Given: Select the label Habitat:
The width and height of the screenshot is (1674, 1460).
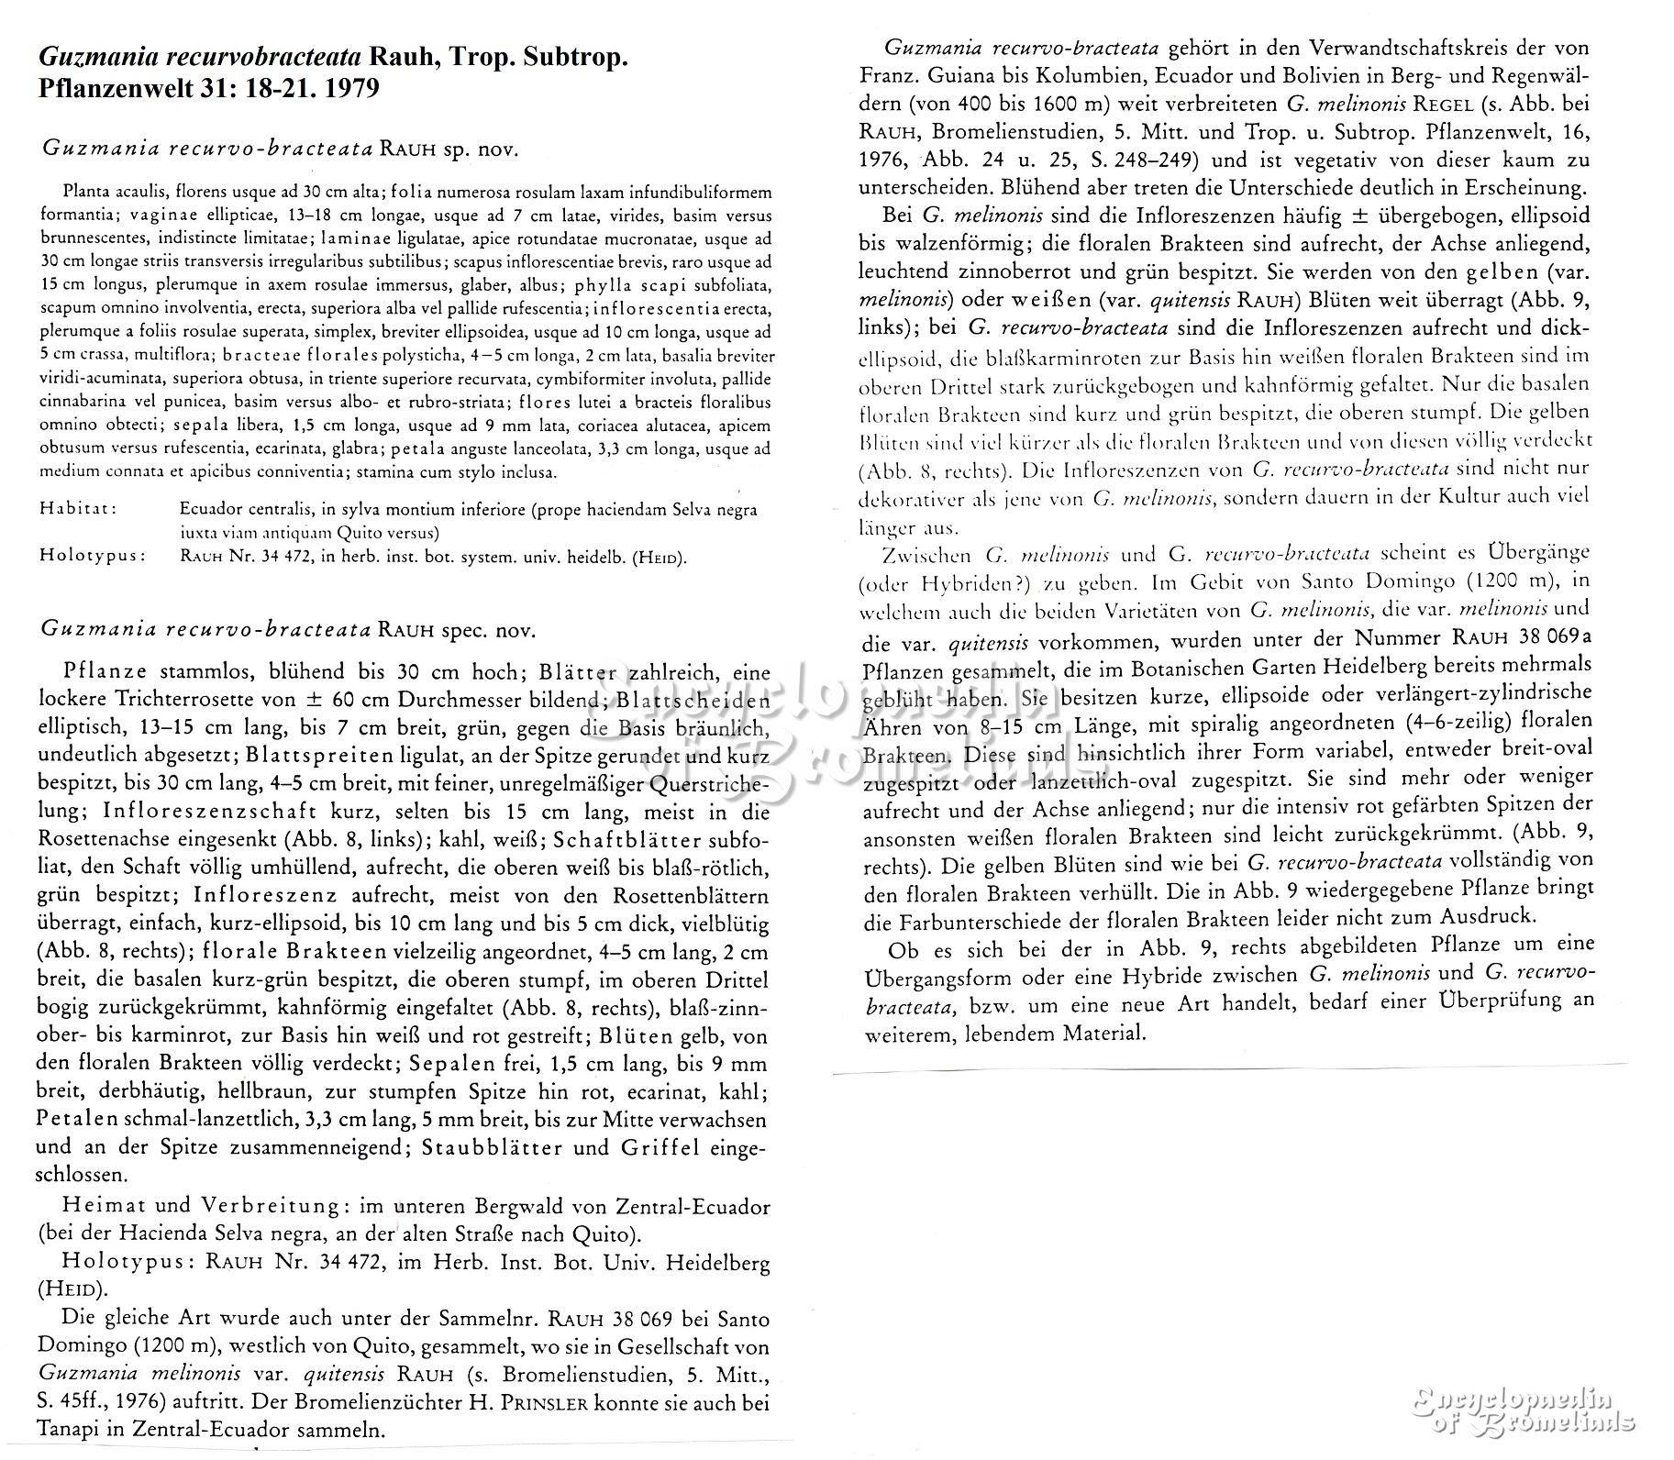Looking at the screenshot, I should pyautogui.click(x=78, y=509).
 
